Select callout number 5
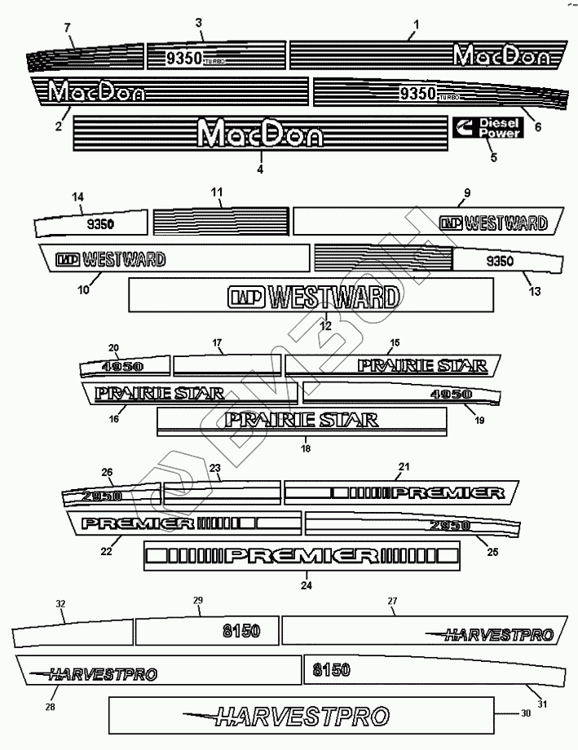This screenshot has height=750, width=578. click(492, 158)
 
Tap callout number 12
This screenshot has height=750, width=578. click(324, 325)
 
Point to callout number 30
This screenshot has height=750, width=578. click(525, 713)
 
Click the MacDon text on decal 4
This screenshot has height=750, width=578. click(261, 134)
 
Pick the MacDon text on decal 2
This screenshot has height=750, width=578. click(97, 92)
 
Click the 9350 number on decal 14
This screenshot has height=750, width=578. click(100, 223)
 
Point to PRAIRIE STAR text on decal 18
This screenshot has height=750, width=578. click(303, 421)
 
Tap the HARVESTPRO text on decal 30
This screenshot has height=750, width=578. click(299, 717)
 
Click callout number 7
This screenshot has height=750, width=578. click(68, 29)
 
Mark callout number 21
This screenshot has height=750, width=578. click(403, 466)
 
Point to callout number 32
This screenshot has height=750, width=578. click(60, 604)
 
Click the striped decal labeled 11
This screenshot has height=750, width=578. click(221, 220)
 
